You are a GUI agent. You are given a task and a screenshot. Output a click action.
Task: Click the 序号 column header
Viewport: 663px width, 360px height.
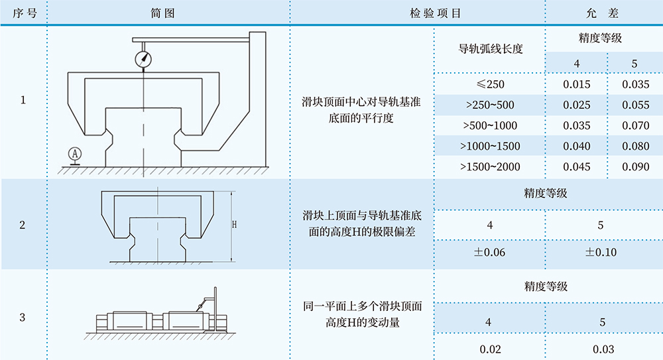point(23,13)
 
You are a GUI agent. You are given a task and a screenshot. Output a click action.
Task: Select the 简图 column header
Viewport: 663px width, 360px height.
point(167,13)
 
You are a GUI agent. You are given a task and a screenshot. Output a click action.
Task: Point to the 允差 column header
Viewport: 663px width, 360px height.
point(603,13)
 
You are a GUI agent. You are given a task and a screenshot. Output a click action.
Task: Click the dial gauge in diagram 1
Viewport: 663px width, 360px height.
point(143,58)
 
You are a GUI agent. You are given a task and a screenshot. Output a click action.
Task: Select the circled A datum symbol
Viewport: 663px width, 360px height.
point(75,154)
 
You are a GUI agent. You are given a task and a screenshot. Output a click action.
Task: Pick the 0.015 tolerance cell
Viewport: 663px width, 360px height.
point(576,84)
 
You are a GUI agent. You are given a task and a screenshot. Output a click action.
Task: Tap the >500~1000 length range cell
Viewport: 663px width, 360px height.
point(491,125)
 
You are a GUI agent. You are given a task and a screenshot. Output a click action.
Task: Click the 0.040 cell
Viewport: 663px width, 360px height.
point(576,146)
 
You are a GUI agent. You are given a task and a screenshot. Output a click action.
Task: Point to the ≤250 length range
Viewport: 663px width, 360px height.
point(491,84)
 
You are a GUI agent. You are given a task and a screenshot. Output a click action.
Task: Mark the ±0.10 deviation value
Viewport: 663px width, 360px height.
point(601,253)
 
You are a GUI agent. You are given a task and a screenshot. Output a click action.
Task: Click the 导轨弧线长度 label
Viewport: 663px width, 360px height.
point(491,48)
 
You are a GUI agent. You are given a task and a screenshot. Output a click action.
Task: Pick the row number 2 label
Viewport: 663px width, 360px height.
point(23,225)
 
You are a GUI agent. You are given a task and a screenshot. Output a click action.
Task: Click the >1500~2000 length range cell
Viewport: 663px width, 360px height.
point(491,166)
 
